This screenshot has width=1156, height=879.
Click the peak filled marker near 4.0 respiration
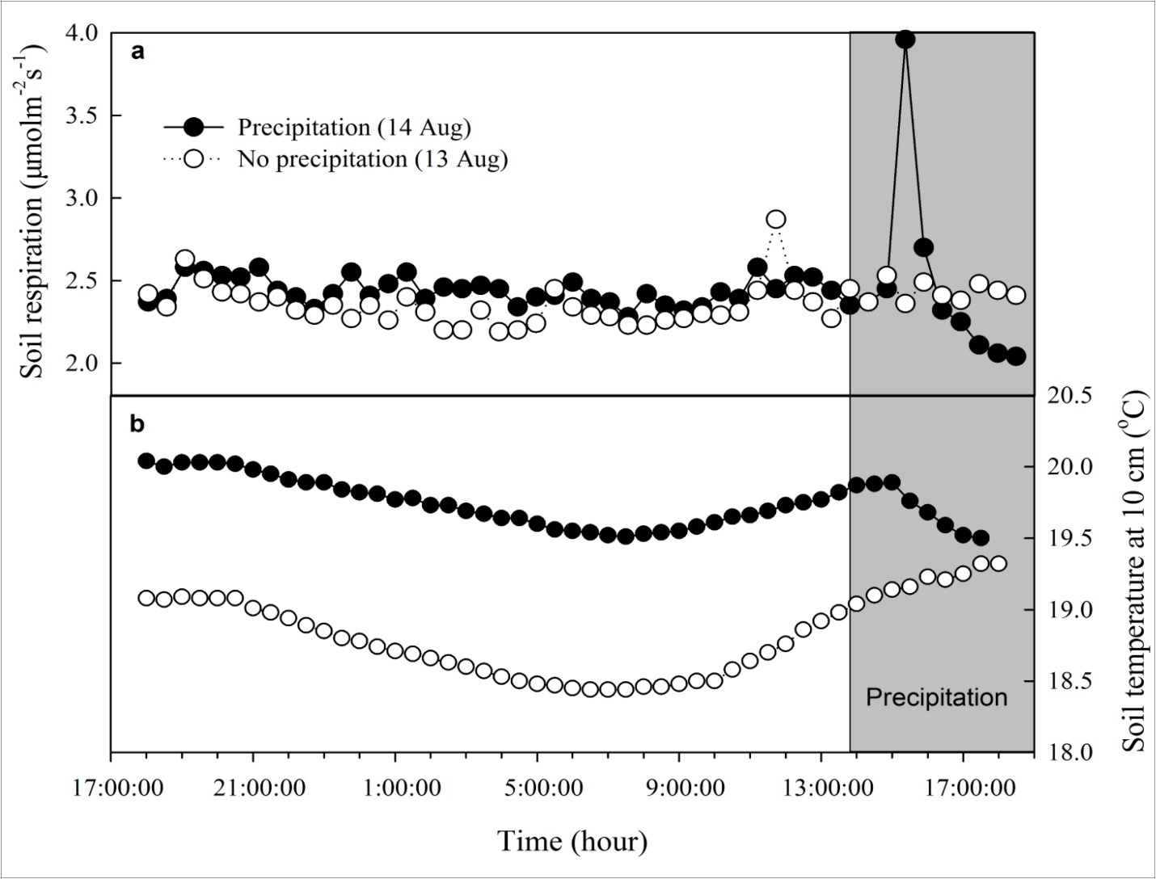[905, 39]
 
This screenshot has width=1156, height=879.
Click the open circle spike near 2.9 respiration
[776, 220]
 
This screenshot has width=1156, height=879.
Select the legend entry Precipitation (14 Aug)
[353, 128]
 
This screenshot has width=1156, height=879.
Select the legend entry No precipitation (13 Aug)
[372, 159]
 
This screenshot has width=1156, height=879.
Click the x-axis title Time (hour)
[572, 841]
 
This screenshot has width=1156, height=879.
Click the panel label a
[138, 53]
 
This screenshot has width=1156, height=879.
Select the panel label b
[138, 423]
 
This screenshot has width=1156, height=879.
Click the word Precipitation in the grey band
[936, 697]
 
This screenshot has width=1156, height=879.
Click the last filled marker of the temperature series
[981, 538]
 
